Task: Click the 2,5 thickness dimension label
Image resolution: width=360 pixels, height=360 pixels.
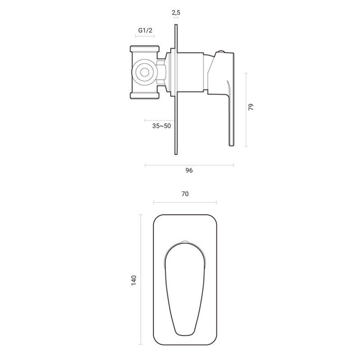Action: [176, 13]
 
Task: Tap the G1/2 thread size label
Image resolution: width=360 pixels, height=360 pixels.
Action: [145, 30]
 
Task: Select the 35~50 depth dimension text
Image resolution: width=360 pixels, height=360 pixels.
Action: [162, 126]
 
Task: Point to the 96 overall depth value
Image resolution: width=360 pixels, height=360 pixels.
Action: [189, 171]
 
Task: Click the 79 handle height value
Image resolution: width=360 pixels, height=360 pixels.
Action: [251, 107]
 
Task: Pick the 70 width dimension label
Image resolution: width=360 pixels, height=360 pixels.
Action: [185, 194]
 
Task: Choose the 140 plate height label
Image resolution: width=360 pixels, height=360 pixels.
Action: [134, 280]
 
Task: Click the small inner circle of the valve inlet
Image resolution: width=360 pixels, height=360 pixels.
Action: [144, 73]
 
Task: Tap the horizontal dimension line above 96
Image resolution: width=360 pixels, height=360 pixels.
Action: [189, 165]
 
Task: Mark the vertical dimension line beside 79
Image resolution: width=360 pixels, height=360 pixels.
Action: [246, 110]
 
